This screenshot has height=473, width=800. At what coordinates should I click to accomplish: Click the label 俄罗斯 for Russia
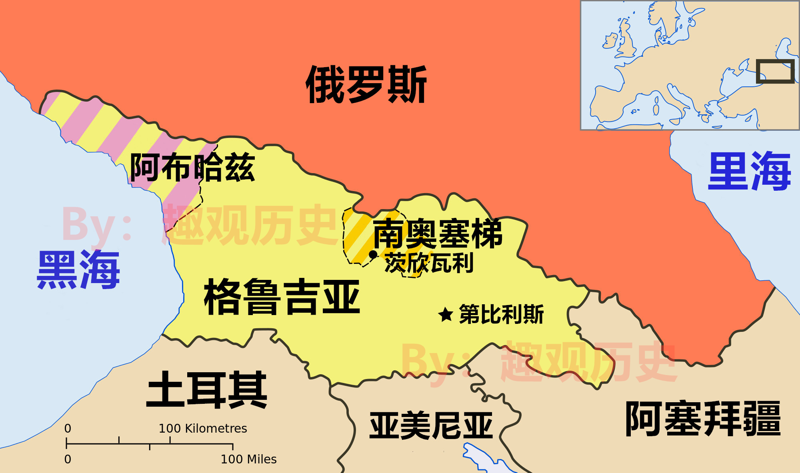point(366,85)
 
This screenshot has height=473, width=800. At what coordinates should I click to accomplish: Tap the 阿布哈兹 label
point(192,167)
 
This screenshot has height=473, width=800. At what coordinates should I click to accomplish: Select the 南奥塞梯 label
point(438,234)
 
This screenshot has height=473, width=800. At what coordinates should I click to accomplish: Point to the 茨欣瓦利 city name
point(429,263)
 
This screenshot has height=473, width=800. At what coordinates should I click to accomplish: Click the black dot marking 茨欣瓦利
point(373,254)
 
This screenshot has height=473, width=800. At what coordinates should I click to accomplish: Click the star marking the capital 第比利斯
point(445,315)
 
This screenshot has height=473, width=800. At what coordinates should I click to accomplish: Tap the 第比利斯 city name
point(501,314)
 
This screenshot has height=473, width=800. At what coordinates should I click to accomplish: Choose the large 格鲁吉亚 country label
point(282,297)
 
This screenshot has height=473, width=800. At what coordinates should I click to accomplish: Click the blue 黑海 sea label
point(78,270)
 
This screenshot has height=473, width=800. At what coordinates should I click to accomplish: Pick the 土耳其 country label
point(207,389)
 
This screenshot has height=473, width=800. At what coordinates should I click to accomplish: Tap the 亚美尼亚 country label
point(431,426)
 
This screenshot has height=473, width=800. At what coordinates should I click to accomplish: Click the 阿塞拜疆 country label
point(703,419)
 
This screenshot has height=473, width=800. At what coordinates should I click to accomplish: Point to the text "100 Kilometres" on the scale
point(203,429)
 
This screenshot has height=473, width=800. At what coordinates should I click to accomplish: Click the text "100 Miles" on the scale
point(248,459)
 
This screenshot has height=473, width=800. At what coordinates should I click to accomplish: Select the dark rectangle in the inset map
point(775,72)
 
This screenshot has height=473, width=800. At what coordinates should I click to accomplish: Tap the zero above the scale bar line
point(68,429)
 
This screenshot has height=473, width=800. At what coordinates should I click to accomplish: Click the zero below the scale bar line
point(68,459)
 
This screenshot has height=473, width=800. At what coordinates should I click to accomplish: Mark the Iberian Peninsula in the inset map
point(606,104)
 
